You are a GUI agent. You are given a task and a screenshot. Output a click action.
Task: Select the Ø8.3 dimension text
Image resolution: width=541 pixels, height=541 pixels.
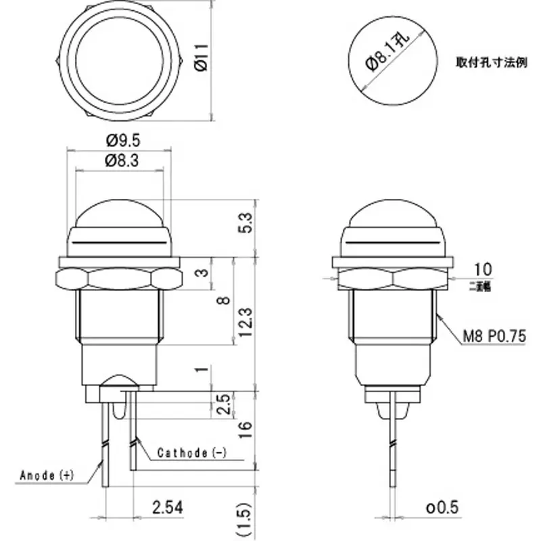pyautogui.click(x=123, y=160)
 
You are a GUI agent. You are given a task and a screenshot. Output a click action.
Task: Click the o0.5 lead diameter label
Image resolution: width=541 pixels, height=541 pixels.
pyautogui.click(x=442, y=506)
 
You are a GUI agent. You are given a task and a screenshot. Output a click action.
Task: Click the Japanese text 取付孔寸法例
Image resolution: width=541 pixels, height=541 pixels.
pyautogui.click(x=491, y=62)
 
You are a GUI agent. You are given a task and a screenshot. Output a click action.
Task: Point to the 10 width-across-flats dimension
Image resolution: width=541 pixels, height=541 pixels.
pyautogui.click(x=482, y=268)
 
